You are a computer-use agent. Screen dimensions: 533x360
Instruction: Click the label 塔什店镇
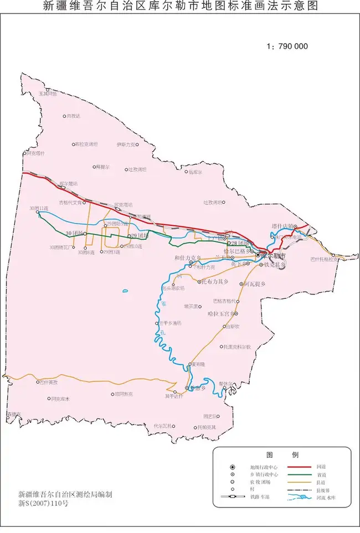tap(283, 226)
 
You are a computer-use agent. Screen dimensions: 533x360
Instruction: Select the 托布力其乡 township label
tap(215, 282)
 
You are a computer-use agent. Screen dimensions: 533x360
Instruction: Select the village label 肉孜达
tap(74, 116)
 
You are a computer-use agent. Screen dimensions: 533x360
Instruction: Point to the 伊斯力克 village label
tap(126, 144)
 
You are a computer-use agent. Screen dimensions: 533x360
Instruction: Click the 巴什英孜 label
tap(49, 382)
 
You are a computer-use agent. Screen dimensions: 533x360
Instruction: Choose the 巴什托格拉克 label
tap(324, 259)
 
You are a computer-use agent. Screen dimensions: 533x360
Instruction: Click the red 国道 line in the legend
tap(299, 467)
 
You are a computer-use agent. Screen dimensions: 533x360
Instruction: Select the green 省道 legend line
tap(299, 474)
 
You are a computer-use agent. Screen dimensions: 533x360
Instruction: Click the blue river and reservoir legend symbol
tap(299, 498)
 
